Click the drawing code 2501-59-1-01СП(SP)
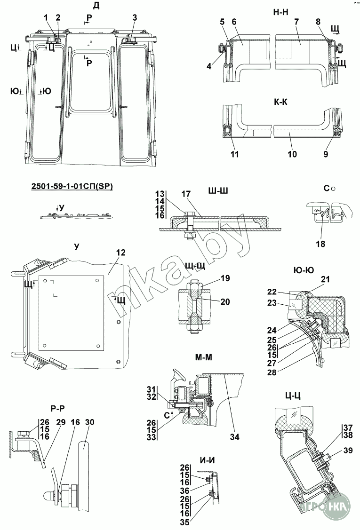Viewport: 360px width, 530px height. (72, 186)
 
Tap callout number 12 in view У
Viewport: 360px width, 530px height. (120, 253)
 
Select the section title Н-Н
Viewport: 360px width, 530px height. (281, 12)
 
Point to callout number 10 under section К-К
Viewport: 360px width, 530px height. (292, 154)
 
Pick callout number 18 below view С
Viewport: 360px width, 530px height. (320, 244)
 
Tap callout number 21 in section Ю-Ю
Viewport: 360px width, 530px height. (325, 279)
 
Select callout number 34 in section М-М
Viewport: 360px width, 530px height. (234, 437)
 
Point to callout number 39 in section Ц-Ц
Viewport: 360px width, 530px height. (348, 450)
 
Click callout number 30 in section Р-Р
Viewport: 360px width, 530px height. (90, 422)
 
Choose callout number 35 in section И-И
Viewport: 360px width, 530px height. (185, 522)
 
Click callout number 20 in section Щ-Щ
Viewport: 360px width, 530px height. (225, 301)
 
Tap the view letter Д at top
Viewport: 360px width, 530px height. (96, 6)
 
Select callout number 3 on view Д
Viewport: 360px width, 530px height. (135, 17)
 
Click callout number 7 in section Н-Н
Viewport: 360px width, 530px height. (296, 22)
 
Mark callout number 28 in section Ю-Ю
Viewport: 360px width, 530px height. (272, 372)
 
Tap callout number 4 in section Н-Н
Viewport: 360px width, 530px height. (209, 66)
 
